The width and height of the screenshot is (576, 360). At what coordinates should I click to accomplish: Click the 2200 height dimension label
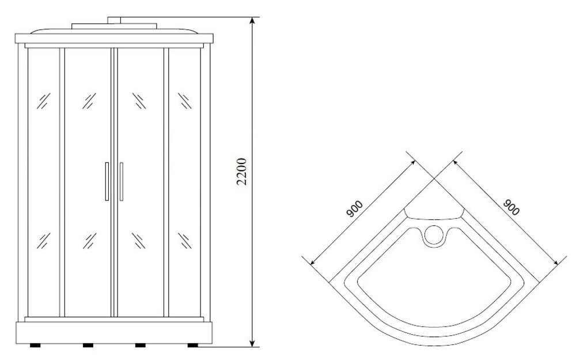point(241,172)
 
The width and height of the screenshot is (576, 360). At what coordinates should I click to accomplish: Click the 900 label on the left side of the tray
point(354,209)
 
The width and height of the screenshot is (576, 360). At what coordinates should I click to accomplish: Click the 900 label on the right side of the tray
point(511,207)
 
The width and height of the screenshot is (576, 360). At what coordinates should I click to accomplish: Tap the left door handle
point(107,181)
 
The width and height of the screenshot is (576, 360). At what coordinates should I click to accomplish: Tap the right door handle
point(121,181)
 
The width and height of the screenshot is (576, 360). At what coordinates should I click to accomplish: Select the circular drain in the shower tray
point(434,235)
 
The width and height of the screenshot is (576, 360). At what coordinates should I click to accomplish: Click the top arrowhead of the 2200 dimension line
point(252,20)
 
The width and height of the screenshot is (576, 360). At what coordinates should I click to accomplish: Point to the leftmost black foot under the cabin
point(35,345)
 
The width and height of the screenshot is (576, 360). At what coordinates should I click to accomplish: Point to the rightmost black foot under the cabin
point(192,345)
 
